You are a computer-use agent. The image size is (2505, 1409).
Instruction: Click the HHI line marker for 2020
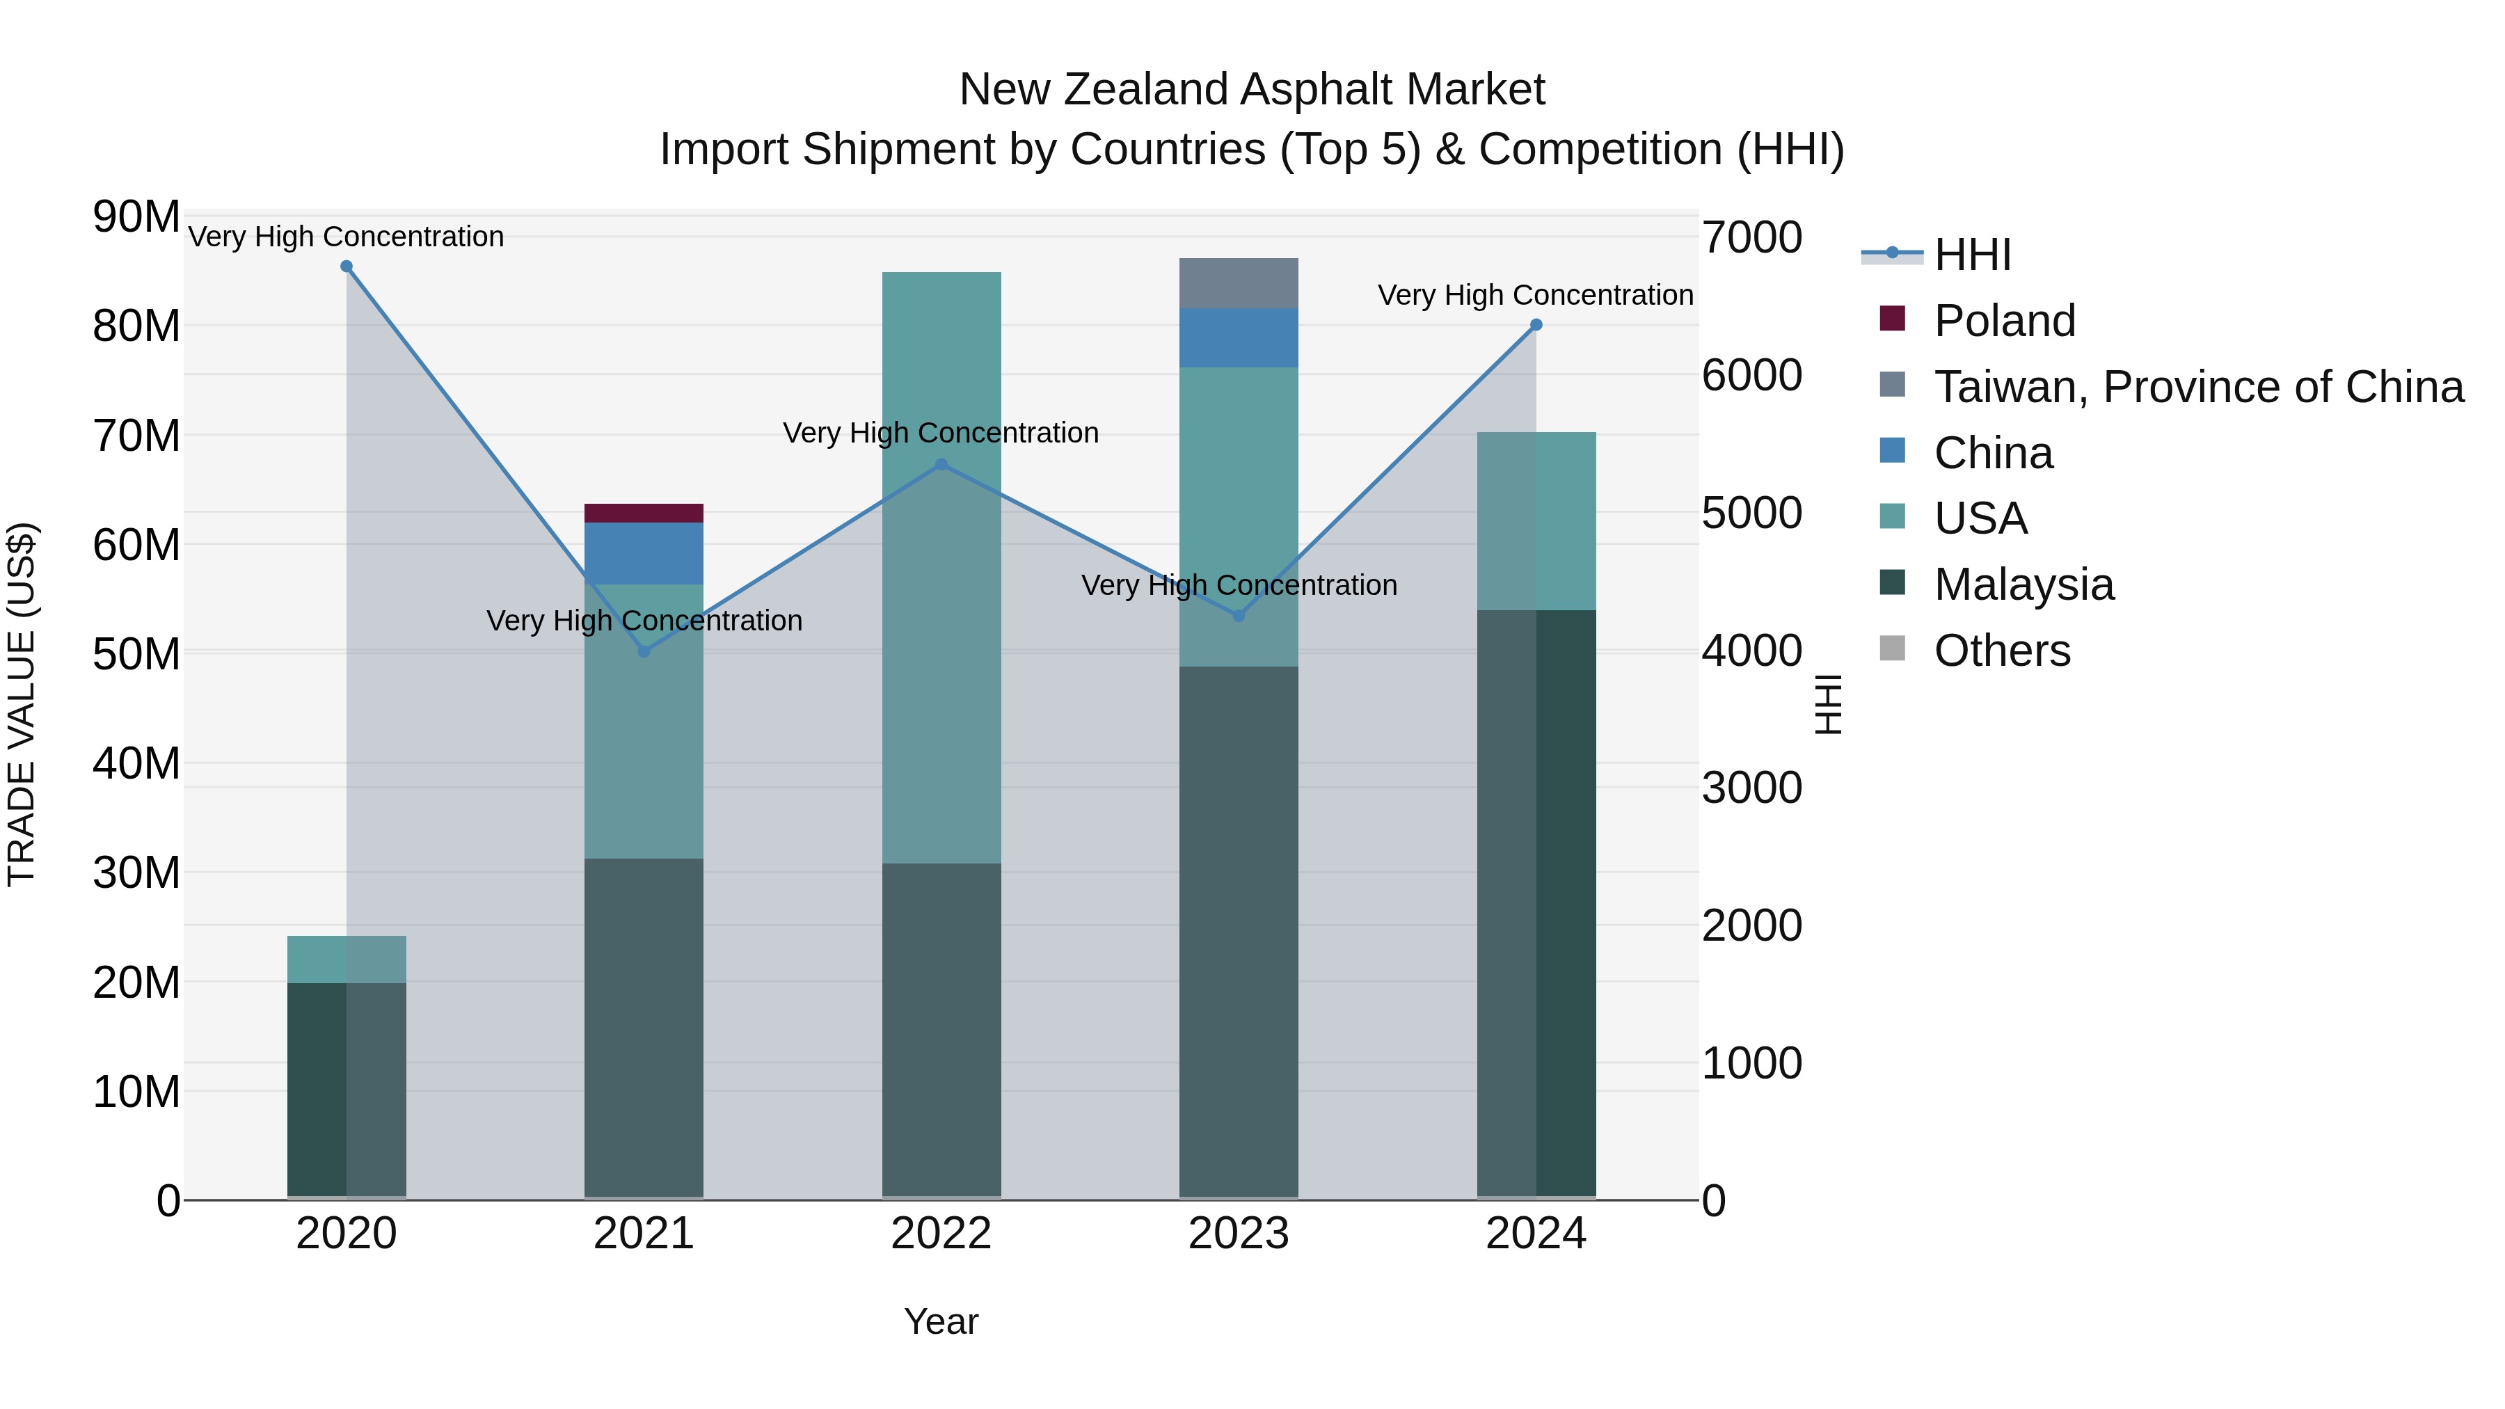pos(347,266)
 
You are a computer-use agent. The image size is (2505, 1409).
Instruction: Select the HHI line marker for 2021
pos(644,651)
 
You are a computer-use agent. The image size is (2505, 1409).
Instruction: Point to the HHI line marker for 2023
pos(1239,616)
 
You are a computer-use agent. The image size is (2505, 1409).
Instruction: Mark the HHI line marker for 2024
pos(1536,325)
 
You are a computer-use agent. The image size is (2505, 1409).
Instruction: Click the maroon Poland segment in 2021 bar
pos(644,514)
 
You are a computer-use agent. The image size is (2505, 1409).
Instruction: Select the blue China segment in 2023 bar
pos(1239,337)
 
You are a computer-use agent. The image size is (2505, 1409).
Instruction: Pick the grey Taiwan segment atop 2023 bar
pos(1239,283)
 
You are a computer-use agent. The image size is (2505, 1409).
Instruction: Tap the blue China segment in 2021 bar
pos(644,553)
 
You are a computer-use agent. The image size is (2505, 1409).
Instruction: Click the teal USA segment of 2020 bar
pos(347,959)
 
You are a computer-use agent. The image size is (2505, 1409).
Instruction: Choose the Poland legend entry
pos(2004,321)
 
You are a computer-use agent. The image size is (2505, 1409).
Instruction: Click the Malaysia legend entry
pos(2023,584)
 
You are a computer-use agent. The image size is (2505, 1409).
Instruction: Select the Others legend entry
pos(2001,651)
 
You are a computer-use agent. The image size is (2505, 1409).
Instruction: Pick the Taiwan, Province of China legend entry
pos(2197,387)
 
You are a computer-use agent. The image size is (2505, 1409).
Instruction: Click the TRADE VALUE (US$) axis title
pos(22,704)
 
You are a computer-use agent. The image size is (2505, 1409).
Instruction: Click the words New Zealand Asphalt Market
pos(1252,90)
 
